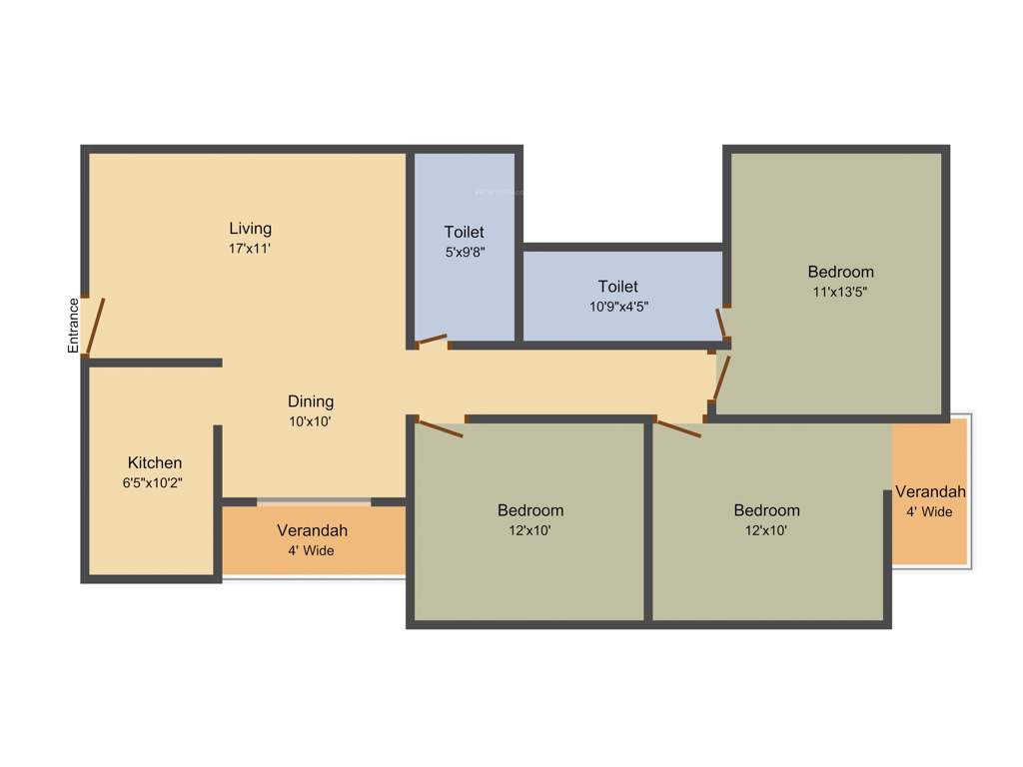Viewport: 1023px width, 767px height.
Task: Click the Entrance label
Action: click(x=73, y=326)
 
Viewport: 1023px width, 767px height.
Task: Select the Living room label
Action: click(x=250, y=228)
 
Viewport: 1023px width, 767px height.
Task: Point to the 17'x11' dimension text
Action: click(x=250, y=248)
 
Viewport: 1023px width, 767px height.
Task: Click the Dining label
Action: click(x=311, y=401)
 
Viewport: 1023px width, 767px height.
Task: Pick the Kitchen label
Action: click(x=155, y=462)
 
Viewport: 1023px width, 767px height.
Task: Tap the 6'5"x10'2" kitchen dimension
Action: click(x=152, y=482)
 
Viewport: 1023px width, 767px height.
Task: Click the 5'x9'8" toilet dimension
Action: click(x=465, y=253)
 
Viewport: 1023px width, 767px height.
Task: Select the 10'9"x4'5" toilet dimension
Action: click(x=618, y=307)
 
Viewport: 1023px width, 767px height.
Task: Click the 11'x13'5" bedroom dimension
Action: click(x=840, y=292)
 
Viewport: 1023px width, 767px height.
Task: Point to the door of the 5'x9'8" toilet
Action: click(x=431, y=341)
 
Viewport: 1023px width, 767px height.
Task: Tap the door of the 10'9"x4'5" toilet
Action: click(x=721, y=324)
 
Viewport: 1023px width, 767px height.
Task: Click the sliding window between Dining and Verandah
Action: click(x=314, y=500)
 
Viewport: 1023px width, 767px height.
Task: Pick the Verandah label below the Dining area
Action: click(x=313, y=530)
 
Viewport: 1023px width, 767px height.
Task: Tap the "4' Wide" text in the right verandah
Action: click(x=929, y=511)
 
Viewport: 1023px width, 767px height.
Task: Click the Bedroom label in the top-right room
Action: click(x=840, y=272)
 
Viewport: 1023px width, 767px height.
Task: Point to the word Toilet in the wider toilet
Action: click(x=617, y=287)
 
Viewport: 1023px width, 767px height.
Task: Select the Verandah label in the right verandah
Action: click(x=930, y=491)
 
